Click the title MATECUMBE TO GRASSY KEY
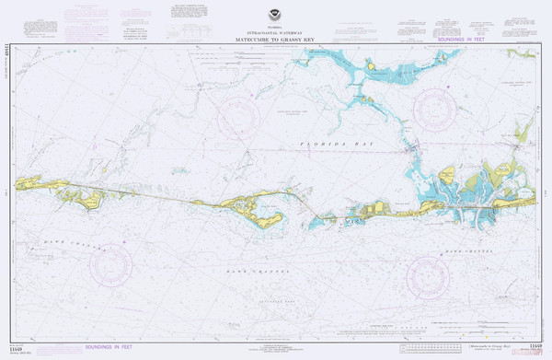[x=274, y=41]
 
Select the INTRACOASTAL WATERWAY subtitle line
[x=274, y=34]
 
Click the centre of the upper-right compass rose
[x=435, y=109]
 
